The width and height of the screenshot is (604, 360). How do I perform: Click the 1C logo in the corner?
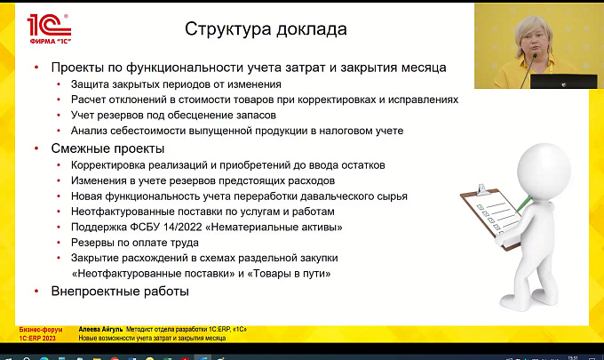pyautogui.click(x=49, y=29)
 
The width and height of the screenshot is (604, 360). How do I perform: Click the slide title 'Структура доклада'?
pyautogui.click(x=266, y=29)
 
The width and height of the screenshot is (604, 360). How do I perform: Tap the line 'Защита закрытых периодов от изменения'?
pyautogui.click(x=176, y=84)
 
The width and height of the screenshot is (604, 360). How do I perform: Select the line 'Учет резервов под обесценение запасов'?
pyautogui.click(x=173, y=116)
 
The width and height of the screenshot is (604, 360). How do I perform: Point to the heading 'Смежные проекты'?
pyautogui.click(x=107, y=148)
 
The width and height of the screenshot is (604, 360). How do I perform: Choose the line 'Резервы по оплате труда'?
pyautogui.click(x=135, y=243)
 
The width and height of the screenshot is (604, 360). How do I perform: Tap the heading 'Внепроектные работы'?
pyautogui.click(x=120, y=291)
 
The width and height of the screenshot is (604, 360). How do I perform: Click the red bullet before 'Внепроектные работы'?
pyautogui.click(x=36, y=292)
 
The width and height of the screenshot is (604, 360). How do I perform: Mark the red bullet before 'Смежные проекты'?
pyautogui.click(x=36, y=148)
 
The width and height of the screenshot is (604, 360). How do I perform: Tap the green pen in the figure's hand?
pyautogui.click(x=524, y=204)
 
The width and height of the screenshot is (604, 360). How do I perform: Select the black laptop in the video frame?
pyautogui.click(x=563, y=81)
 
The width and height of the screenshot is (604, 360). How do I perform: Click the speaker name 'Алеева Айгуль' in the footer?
pyautogui.click(x=100, y=330)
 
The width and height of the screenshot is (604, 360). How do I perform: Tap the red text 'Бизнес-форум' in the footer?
pyautogui.click(x=41, y=330)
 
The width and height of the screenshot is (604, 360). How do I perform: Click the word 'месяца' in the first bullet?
pyautogui.click(x=424, y=68)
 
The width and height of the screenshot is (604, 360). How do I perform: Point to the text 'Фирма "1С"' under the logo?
pyautogui.click(x=51, y=41)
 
